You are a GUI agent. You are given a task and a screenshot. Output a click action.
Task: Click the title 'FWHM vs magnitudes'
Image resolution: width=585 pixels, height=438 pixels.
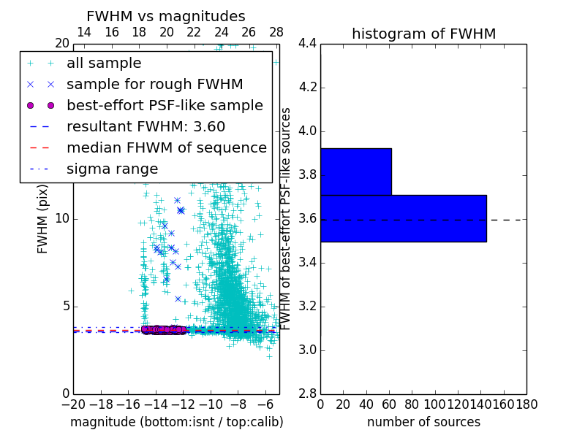point(166,16)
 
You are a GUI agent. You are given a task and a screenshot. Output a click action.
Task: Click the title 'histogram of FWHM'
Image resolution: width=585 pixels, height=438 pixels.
point(423,34)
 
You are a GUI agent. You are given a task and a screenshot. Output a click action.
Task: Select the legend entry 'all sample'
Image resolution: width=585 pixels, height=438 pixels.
point(104,64)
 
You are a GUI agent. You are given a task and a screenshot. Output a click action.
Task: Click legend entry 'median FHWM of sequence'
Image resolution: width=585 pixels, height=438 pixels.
point(166,147)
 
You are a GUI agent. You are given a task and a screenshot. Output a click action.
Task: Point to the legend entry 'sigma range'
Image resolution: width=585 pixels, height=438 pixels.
point(112,169)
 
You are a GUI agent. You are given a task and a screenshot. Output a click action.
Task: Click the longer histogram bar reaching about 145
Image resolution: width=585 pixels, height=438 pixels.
point(403,218)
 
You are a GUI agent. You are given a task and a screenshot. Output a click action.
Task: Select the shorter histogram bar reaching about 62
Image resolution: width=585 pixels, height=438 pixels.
point(355,172)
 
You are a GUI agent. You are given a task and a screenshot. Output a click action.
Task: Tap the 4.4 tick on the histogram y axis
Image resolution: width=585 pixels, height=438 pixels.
point(307,44)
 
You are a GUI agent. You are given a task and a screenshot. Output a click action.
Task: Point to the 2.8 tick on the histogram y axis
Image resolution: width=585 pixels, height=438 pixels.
point(307,394)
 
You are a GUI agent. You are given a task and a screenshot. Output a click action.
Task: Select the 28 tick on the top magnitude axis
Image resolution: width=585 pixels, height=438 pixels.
point(276,32)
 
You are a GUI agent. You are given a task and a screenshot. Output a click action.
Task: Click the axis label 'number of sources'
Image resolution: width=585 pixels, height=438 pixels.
point(423,422)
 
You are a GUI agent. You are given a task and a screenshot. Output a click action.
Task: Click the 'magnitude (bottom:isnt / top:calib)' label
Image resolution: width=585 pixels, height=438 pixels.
point(176,422)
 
